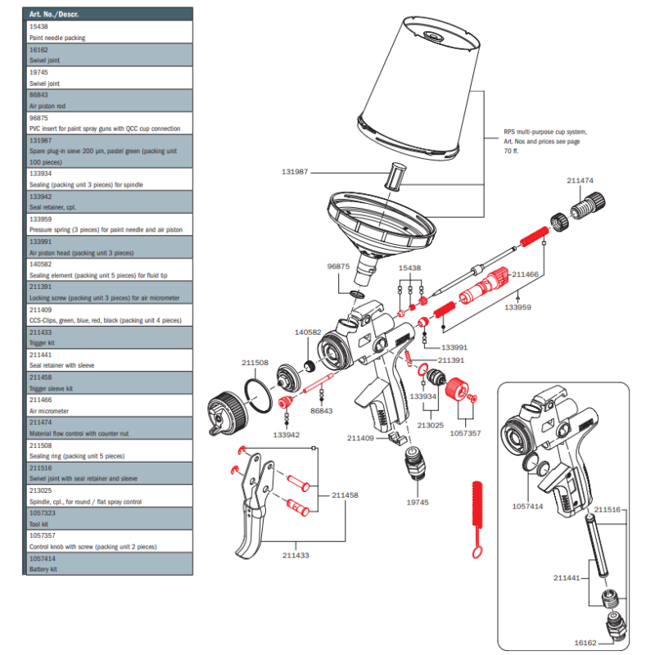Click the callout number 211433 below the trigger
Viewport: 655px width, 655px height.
coord(296,556)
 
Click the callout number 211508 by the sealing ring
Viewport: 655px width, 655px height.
coord(255,363)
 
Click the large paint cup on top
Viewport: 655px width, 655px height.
coord(427,90)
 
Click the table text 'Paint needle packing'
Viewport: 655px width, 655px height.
coord(57,38)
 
